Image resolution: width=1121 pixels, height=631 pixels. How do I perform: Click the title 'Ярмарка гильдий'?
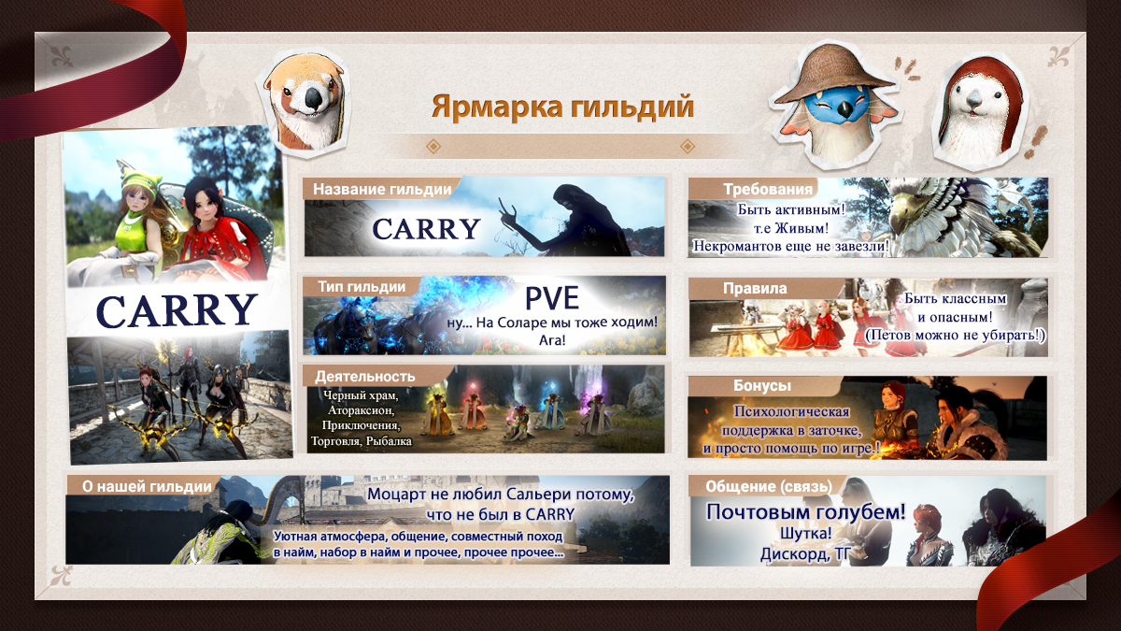pyautogui.click(x=562, y=107)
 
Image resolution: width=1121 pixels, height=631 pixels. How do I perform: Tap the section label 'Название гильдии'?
pyautogui.click(x=382, y=189)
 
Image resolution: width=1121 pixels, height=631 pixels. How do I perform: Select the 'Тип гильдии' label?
pyautogui.click(x=362, y=287)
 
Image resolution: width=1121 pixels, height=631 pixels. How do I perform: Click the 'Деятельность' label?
pyautogui.click(x=365, y=376)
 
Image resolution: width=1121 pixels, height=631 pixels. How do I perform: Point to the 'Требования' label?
pyautogui.click(x=768, y=189)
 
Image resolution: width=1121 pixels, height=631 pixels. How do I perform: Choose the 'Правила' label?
pyautogui.click(x=755, y=289)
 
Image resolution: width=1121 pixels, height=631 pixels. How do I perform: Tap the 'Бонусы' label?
pyautogui.click(x=762, y=385)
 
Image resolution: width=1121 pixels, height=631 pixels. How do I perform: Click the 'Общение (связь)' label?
pyautogui.click(x=769, y=486)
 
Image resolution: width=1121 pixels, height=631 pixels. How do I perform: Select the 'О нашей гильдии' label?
pyautogui.click(x=147, y=486)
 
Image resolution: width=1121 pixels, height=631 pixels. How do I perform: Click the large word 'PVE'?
pyautogui.click(x=552, y=298)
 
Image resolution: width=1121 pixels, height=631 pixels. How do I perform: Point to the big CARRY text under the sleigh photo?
pyautogui.click(x=176, y=311)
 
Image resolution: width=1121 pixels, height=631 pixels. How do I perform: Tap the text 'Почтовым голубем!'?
pyautogui.click(x=805, y=512)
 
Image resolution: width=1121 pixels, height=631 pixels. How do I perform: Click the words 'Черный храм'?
pyautogui.click(x=361, y=395)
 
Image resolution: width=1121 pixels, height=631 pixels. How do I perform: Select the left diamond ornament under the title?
pyautogui.click(x=433, y=146)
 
